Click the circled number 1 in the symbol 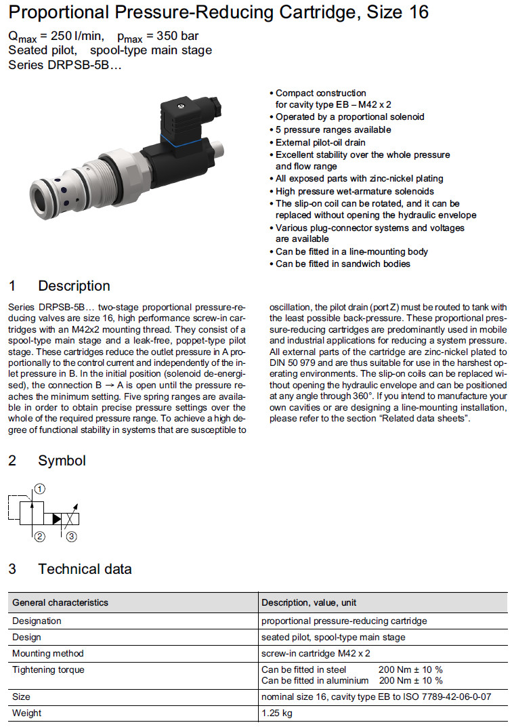point(40,488)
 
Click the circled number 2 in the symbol point(39,537)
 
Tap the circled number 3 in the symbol point(71,537)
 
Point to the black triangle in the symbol point(56,519)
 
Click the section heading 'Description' point(74,286)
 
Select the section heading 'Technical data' point(85,568)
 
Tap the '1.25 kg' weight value point(278,713)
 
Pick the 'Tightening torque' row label point(49,669)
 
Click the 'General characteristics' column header point(60,602)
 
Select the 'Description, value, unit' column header point(309,602)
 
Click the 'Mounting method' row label point(48,653)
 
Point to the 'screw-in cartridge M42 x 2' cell point(316,653)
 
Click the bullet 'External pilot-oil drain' point(320,142)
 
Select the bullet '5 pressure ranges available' point(333,129)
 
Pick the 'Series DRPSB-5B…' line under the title point(65,65)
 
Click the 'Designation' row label point(37,621)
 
